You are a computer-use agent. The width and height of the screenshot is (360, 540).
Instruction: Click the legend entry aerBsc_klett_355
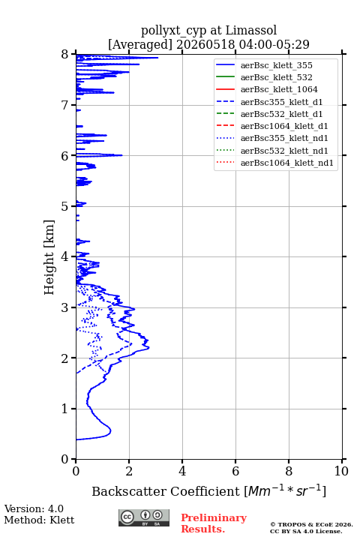point(276,65)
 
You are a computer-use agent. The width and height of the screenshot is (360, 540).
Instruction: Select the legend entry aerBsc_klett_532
point(276,77)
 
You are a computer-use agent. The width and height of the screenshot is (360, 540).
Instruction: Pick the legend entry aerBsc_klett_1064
point(279,89)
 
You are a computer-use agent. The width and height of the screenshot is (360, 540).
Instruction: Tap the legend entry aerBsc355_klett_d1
point(281,102)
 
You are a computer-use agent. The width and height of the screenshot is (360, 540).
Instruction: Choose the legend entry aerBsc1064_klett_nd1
point(287,163)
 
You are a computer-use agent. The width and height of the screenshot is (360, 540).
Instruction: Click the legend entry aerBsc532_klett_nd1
point(284,151)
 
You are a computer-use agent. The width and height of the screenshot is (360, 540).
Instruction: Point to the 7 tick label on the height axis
point(64,105)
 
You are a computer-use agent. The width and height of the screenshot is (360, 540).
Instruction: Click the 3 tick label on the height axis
point(64,307)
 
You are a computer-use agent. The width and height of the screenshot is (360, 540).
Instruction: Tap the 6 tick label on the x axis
point(235,471)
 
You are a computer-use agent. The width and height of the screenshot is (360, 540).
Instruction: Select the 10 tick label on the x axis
point(341,471)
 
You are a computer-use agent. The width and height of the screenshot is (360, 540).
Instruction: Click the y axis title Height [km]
point(49,257)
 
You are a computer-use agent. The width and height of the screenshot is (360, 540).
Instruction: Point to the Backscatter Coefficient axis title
point(208,490)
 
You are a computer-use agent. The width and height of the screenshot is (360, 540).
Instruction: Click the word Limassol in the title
point(250,30)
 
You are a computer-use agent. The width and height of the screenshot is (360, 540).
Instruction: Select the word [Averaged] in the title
point(140,44)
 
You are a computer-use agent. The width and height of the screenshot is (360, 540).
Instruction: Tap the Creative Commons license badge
point(144,517)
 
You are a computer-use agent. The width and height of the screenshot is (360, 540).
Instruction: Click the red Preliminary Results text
point(214,523)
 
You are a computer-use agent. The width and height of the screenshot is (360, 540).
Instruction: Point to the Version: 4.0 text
point(34,508)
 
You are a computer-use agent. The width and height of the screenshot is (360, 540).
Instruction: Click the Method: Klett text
point(39,520)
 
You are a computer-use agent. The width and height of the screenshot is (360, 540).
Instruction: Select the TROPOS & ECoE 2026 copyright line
point(311,524)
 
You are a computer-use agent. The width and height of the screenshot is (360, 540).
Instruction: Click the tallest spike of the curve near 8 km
point(157,58)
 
